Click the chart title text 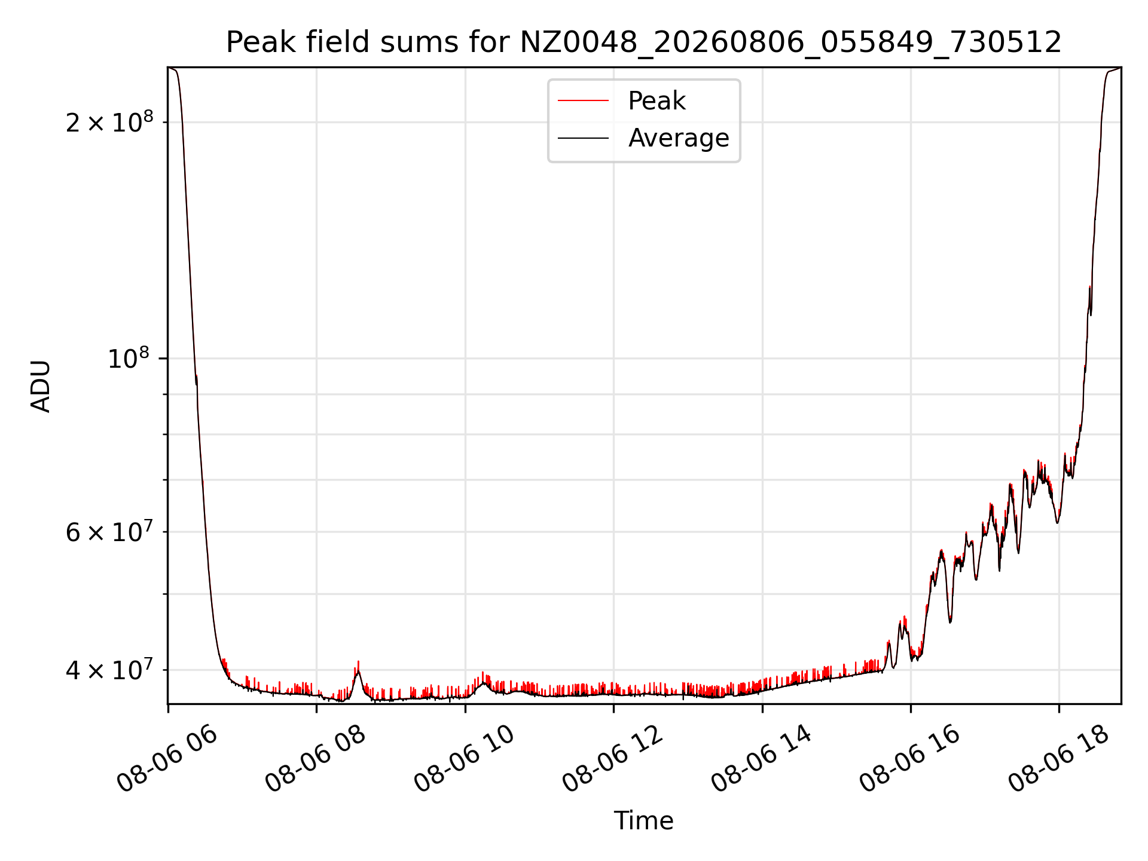coord(644,42)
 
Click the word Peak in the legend coord(657,101)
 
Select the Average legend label coord(679,138)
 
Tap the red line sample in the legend coord(584,101)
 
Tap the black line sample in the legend coord(584,138)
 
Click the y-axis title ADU coord(41,386)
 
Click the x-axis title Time coord(644,821)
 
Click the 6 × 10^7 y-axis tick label coord(109,531)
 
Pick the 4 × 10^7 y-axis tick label coord(109,669)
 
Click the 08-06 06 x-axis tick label coord(167,759)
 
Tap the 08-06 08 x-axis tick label coord(316,759)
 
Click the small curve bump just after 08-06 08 coord(358,674)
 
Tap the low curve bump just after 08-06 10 coord(484,683)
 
